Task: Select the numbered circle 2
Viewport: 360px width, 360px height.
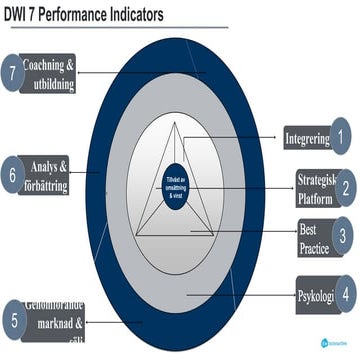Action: pyautogui.click(x=343, y=187)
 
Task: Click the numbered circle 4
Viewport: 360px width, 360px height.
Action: pyautogui.click(x=344, y=295)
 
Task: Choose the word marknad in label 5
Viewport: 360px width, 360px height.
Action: pyautogui.click(x=60, y=324)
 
